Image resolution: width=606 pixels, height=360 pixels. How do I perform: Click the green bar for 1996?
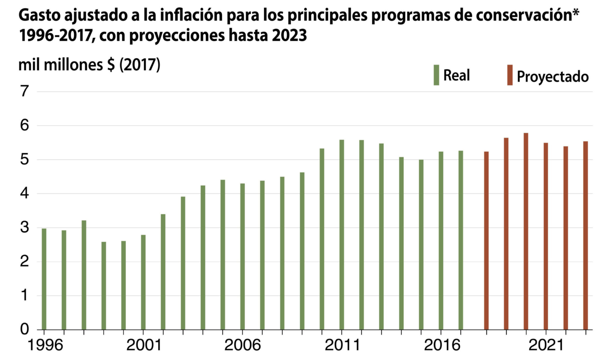click(44, 279)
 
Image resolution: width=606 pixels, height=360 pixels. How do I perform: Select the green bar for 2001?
click(143, 282)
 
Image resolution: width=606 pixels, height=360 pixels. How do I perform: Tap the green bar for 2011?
click(342, 234)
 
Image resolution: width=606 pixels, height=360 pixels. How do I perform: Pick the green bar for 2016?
click(441, 241)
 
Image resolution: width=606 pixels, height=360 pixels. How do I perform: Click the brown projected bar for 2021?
click(546, 236)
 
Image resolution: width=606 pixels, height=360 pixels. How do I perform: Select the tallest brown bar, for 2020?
click(526, 231)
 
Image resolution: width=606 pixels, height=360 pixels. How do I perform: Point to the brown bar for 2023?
click(585, 235)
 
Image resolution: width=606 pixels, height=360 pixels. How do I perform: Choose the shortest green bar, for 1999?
click(104, 286)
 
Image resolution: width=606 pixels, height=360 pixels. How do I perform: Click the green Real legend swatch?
click(436, 75)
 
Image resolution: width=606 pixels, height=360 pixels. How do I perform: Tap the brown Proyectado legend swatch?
click(510, 75)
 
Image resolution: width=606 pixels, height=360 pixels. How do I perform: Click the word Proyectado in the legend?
click(553, 76)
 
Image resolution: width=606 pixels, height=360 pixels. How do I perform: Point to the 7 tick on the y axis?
click(25, 91)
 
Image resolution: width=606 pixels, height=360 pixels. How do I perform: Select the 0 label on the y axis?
click(25, 329)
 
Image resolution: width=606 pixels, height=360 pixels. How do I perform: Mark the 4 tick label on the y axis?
click(25, 193)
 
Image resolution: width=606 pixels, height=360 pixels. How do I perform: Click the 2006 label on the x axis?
click(242, 345)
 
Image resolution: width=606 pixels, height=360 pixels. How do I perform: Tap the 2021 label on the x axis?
click(546, 345)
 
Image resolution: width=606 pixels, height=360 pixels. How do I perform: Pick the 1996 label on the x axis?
click(45, 345)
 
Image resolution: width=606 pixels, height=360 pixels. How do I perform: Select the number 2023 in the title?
click(289, 36)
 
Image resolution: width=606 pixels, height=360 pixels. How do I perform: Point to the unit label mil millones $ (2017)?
click(89, 65)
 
